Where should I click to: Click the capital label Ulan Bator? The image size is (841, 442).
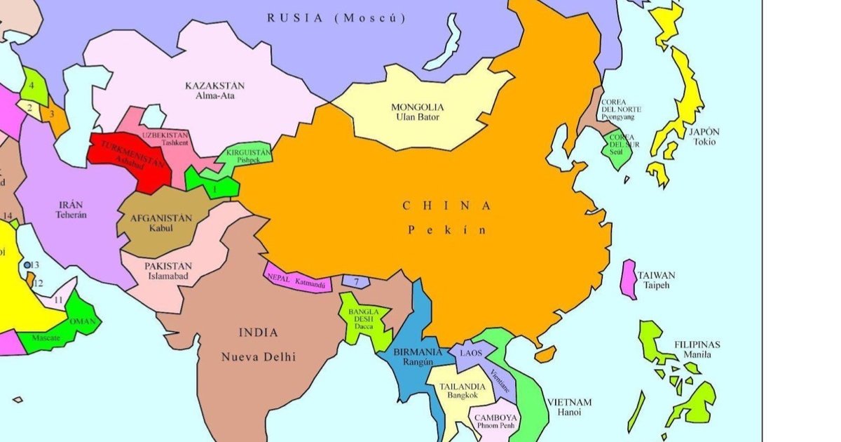pos(417,117)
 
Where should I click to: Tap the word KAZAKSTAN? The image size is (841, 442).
pos(214,86)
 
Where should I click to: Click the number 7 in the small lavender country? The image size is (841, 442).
pos(357,282)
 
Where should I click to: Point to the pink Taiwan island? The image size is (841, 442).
pos(629,279)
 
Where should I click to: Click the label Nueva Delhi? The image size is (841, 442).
pos(259,357)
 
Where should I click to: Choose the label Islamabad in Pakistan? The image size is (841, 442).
pos(168,276)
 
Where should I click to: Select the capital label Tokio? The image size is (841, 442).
pos(704,142)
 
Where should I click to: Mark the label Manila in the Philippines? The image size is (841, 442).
pos(697,355)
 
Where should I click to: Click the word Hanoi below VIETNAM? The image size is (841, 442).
pos(569,413)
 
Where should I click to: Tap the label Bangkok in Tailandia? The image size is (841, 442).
pos(462,396)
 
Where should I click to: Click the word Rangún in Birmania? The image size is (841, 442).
pos(417,362)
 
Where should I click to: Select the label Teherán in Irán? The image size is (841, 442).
pos(71,215)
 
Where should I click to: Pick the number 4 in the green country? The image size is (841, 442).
pos(32,85)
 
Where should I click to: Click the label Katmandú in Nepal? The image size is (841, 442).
pos(310,283)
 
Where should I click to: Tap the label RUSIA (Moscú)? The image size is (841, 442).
pos(336,18)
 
